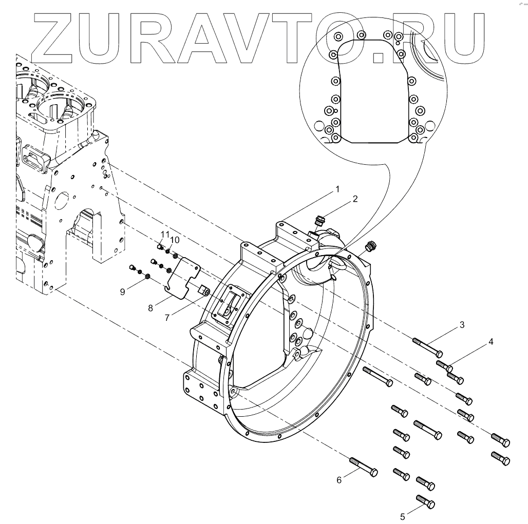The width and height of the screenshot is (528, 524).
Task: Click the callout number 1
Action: (337, 189)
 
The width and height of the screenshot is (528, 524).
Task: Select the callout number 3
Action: (462, 324)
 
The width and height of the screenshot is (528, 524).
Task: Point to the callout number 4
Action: (491, 341)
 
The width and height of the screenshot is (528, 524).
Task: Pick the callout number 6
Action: (339, 480)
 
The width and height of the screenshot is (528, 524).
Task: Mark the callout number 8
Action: (150, 307)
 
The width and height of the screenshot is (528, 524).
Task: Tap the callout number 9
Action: (123, 292)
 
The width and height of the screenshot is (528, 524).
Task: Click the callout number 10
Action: (175, 240)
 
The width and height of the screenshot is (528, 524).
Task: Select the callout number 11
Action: (164, 235)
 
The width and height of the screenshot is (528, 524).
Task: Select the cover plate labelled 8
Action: (183, 277)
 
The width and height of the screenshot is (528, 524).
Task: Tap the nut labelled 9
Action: (146, 277)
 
